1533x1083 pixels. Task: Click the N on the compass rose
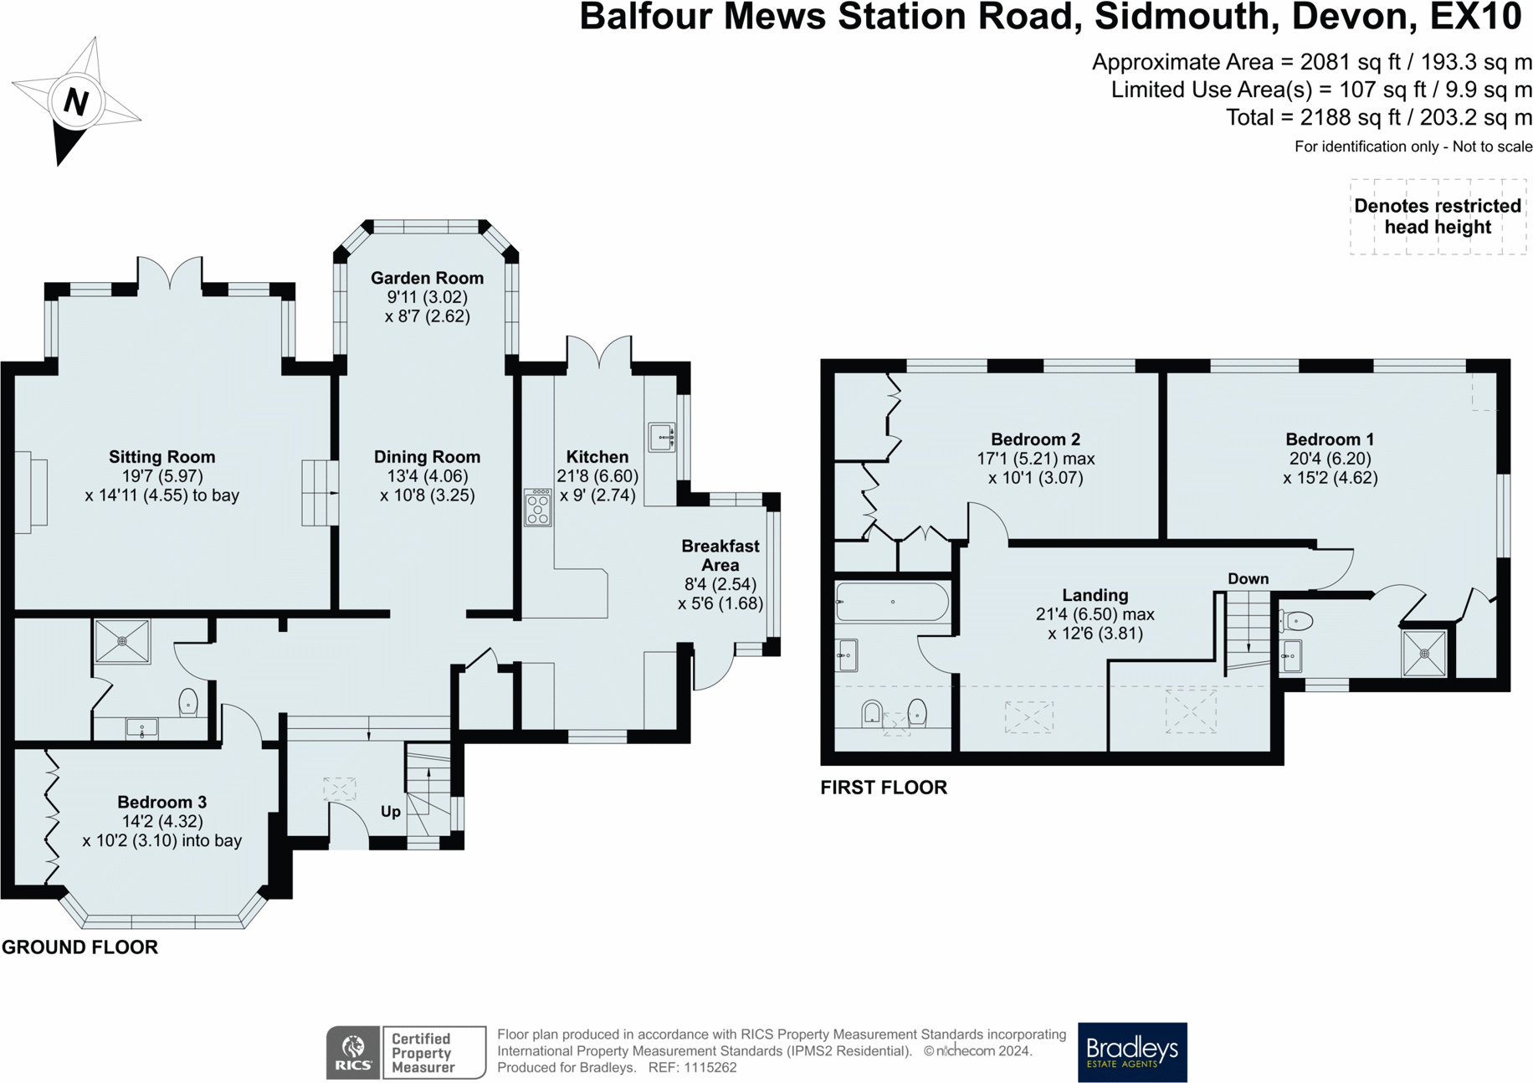click(76, 101)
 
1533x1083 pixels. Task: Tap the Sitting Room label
click(162, 457)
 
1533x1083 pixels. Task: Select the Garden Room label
click(427, 278)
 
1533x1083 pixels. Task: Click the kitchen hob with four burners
click(538, 508)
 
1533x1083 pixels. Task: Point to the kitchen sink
click(661, 437)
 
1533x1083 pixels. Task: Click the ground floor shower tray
click(122, 641)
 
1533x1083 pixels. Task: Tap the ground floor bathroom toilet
click(188, 701)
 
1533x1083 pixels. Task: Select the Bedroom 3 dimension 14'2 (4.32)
click(161, 821)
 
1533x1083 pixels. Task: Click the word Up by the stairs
click(391, 811)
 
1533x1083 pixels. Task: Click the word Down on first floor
click(1248, 579)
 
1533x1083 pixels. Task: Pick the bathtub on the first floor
click(892, 601)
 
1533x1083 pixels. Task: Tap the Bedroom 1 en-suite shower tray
click(1424, 653)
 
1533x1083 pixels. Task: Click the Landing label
click(1095, 595)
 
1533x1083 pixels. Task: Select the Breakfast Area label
click(720, 555)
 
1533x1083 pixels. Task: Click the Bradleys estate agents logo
click(1132, 1051)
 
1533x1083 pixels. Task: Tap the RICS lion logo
click(353, 1052)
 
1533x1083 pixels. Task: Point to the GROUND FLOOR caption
click(79, 947)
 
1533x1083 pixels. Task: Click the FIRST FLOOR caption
click(884, 788)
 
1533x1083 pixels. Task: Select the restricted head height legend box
click(1437, 217)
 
